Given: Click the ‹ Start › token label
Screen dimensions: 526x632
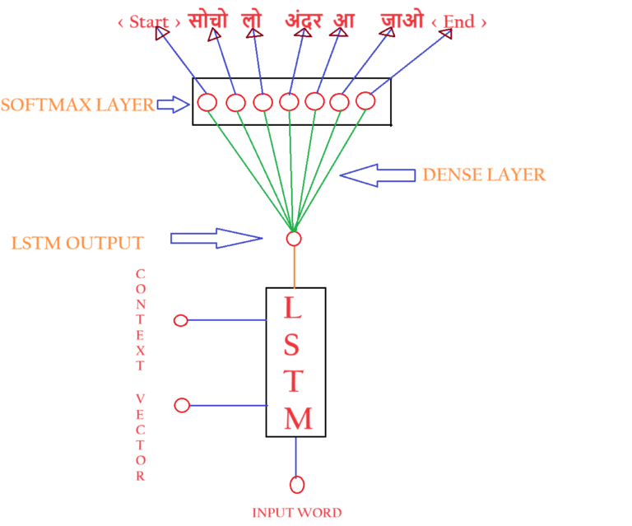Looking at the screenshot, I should pyautogui.click(x=149, y=22).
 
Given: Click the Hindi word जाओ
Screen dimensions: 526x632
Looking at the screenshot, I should pyautogui.click(x=402, y=20).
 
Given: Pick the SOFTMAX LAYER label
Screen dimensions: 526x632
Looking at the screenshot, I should pyautogui.click(x=77, y=105).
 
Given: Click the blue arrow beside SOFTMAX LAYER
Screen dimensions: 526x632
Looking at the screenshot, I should pyautogui.click(x=173, y=104).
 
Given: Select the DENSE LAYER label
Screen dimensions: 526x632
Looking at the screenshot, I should pyautogui.click(x=484, y=175).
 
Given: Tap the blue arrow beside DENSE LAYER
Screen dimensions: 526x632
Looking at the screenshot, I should pyautogui.click(x=379, y=174).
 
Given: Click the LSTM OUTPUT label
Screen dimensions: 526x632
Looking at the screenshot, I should pyautogui.click(x=77, y=243).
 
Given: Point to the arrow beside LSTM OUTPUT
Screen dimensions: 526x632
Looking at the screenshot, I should pyautogui.click(x=216, y=238).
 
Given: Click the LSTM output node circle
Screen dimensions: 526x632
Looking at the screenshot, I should pyautogui.click(x=294, y=239).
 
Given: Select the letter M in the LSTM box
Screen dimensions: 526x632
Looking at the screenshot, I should pyautogui.click(x=298, y=418).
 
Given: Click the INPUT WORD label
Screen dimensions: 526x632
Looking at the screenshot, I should pyautogui.click(x=298, y=513).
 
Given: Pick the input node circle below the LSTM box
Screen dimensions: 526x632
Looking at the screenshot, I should pyautogui.click(x=297, y=484).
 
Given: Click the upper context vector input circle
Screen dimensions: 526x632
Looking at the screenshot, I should pyautogui.click(x=181, y=320).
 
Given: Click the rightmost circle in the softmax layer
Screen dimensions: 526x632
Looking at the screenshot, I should pyautogui.click(x=365, y=100).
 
